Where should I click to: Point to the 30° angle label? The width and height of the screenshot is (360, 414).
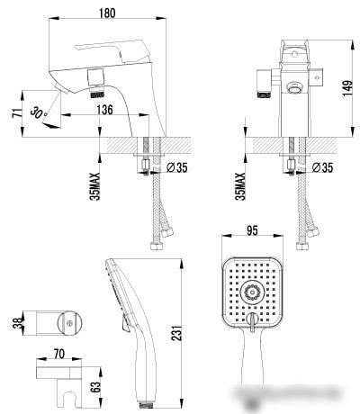(37, 112)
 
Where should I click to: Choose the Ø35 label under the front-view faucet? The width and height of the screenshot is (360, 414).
(321, 167)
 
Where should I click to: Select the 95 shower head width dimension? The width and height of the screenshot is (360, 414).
(253, 230)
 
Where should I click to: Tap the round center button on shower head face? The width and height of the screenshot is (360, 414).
(252, 292)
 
